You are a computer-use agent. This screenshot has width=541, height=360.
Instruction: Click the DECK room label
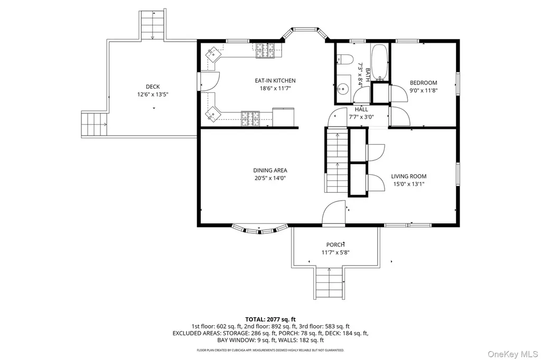click(x=153, y=87)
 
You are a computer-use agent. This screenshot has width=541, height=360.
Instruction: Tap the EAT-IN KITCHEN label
click(x=275, y=81)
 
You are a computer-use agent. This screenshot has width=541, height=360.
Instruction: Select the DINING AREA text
click(x=270, y=170)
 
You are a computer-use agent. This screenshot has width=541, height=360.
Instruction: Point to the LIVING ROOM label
click(x=408, y=176)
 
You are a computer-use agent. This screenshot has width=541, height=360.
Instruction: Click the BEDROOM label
click(x=423, y=83)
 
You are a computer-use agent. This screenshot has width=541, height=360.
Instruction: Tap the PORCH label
click(x=335, y=245)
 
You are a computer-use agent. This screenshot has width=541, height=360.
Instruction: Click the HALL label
click(x=361, y=109)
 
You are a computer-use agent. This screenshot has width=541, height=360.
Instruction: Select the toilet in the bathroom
click(x=344, y=60)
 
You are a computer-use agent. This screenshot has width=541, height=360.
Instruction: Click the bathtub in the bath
click(x=380, y=62)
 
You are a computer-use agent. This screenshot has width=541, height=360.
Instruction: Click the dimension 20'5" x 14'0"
click(x=270, y=178)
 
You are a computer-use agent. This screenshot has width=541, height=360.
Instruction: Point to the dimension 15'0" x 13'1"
click(x=408, y=184)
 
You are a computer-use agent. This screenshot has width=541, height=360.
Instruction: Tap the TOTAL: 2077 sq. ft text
click(x=270, y=319)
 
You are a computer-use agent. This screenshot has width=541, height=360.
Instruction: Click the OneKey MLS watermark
click(x=512, y=354)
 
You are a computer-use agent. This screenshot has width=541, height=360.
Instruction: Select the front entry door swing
click(x=334, y=213)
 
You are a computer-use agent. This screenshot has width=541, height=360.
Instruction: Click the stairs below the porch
click(x=329, y=283)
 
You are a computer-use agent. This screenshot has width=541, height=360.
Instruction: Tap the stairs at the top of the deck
click(x=152, y=25)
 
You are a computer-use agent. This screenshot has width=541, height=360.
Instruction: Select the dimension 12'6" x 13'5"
click(x=153, y=94)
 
